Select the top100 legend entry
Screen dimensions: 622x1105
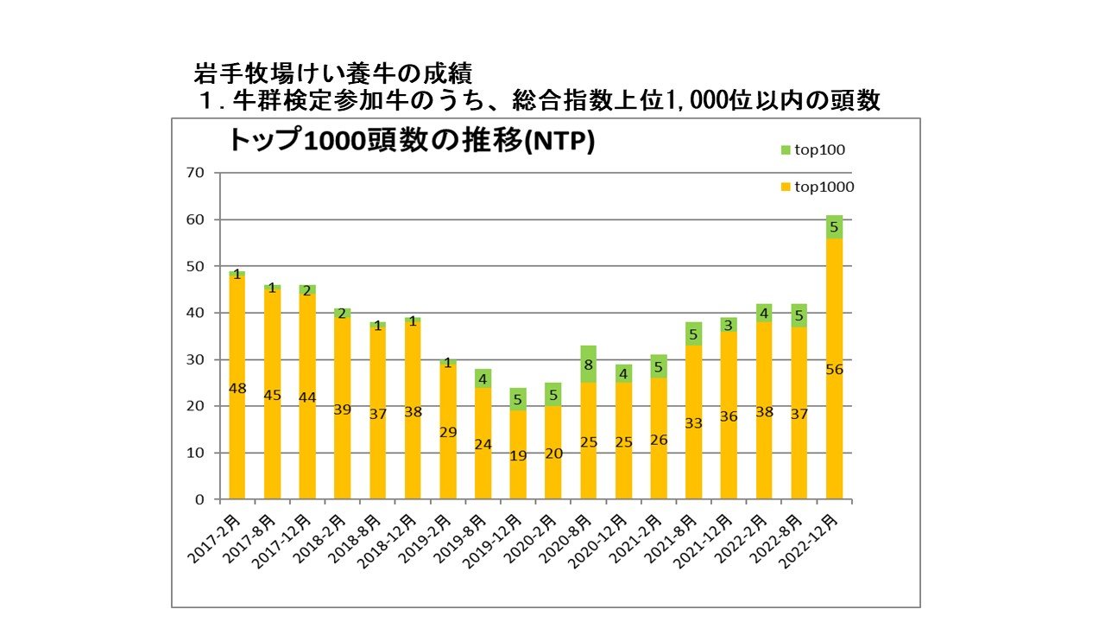[812, 149]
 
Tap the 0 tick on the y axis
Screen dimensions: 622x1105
[200, 499]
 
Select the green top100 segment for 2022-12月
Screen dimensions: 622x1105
[834, 227]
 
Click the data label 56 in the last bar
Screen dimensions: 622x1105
[834, 370]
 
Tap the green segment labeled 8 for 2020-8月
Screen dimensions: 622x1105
[589, 365]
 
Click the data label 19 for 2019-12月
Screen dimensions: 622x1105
[518, 455]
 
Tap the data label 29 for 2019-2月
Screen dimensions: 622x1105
[448, 432]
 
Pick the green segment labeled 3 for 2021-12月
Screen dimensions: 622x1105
[729, 325]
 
